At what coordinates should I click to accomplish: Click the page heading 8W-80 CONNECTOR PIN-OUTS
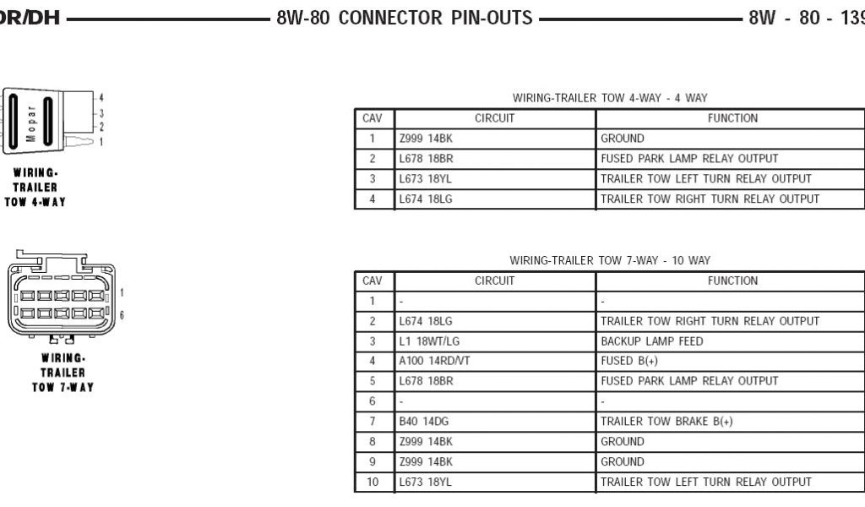(404, 18)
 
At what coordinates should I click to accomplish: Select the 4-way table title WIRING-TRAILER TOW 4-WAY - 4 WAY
(609, 98)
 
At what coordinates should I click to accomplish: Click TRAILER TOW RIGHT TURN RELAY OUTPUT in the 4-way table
(710, 199)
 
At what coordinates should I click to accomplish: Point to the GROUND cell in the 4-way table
(623, 139)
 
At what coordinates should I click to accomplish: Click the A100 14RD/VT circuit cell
(434, 361)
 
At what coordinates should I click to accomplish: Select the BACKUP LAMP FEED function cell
(651, 341)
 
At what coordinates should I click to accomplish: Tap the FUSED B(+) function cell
(628, 361)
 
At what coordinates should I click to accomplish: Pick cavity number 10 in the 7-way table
(372, 482)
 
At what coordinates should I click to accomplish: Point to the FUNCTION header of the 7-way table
(732, 281)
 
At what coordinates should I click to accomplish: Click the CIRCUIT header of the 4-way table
(494, 118)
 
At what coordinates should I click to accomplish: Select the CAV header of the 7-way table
(372, 281)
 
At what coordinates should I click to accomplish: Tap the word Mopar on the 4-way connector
(31, 123)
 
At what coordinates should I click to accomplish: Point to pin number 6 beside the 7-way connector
(122, 314)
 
